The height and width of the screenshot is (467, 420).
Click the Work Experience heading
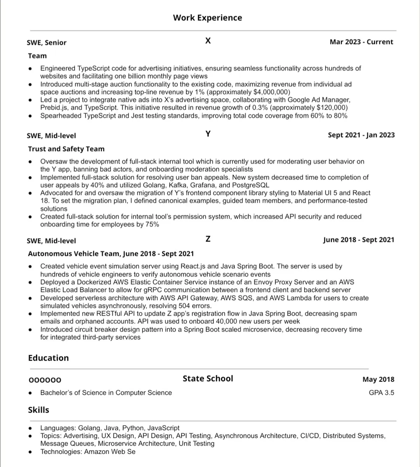208,18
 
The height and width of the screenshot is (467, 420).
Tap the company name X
208,41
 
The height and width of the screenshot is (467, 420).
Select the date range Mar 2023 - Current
361,42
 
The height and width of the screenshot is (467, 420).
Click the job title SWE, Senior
47,43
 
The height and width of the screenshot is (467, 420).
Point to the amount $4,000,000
271,92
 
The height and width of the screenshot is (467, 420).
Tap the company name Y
208,134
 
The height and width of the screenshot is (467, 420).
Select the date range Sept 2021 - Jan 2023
361,135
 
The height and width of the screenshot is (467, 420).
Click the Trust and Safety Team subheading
66,149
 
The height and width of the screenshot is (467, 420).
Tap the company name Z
208,239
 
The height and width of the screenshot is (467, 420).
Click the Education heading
48,358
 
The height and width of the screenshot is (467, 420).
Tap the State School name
208,379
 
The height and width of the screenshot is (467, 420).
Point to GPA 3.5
381,393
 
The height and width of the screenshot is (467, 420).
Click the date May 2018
378,379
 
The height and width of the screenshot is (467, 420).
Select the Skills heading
38,410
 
